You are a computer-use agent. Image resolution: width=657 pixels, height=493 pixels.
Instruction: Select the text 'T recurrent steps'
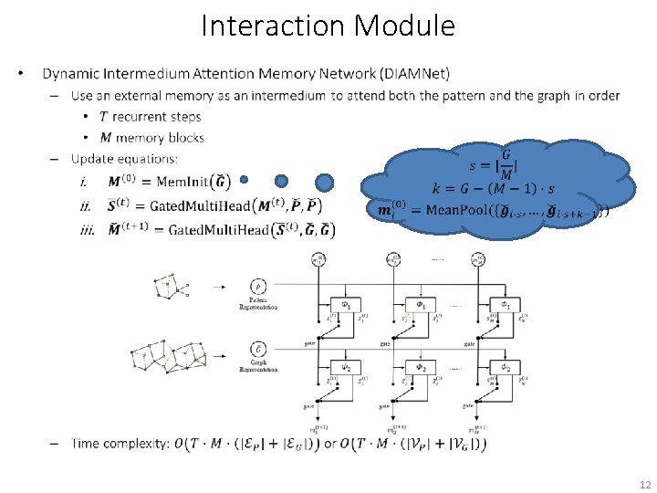point(151,117)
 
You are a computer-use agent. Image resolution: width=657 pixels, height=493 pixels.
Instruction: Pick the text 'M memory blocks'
point(151,138)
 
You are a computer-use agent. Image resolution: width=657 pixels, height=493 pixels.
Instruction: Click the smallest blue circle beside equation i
point(244,180)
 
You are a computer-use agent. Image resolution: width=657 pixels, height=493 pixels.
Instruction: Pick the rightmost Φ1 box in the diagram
point(502,304)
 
